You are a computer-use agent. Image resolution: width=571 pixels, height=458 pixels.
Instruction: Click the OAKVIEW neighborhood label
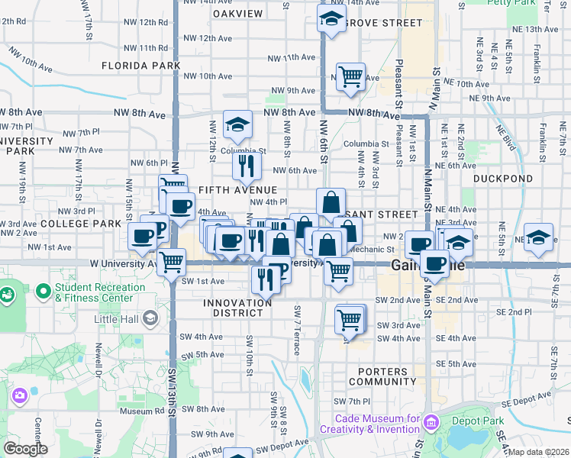pos(237,14)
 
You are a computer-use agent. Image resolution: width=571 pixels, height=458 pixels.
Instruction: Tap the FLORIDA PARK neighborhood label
pos(140,66)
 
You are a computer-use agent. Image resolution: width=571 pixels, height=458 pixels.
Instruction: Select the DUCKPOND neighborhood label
pos(486,179)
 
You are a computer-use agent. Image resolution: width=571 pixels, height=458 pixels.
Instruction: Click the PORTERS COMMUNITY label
pos(379,376)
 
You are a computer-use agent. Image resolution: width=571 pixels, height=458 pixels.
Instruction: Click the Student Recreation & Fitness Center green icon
pos(8,293)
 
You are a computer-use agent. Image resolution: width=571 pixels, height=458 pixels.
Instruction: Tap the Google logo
pos(26,449)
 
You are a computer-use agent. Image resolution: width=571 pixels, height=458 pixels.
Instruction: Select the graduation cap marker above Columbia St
pos(237,124)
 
